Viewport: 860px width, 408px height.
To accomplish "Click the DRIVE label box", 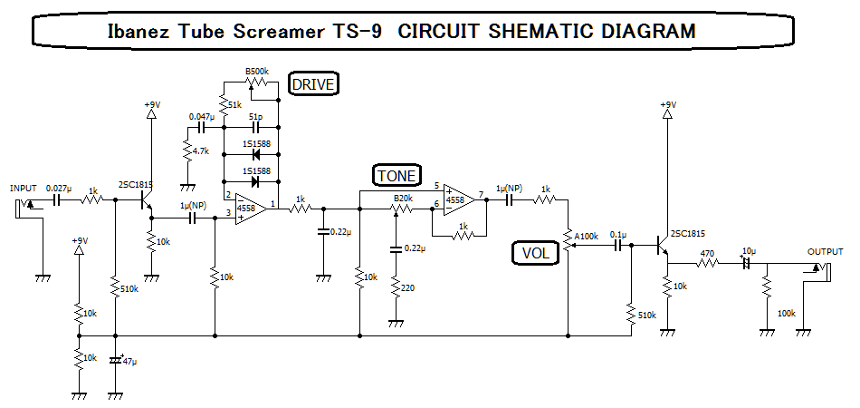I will click(313, 84).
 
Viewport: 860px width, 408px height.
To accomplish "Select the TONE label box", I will click(397, 175).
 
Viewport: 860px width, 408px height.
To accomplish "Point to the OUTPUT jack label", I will click(825, 252).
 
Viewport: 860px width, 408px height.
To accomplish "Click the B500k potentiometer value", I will click(261, 71).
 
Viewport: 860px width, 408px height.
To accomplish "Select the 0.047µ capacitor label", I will click(202, 117).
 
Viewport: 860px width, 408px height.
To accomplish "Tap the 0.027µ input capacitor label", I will click(59, 189).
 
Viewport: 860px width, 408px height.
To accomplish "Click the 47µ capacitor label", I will click(129, 361).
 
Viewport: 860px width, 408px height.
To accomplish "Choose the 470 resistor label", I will click(707, 253).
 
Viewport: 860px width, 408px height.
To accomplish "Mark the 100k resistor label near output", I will click(787, 313).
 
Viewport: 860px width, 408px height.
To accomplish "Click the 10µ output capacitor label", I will click(749, 250).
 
